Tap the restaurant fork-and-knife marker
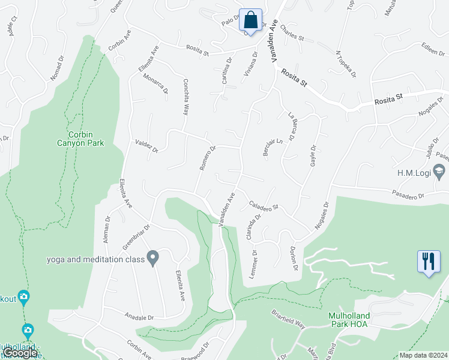tap(428, 261)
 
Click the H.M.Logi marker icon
tap(441, 173)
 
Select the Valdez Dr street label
tap(146, 145)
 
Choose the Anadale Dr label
tap(139, 317)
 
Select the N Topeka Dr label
tap(346, 64)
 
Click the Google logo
tap(20, 353)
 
